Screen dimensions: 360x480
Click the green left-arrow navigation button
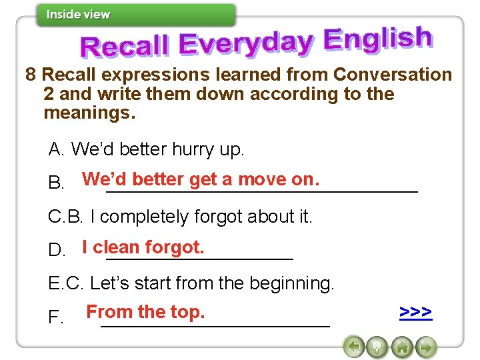click(355, 347)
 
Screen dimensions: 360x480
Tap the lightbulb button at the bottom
click(377, 347)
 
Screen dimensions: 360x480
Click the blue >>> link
click(415, 312)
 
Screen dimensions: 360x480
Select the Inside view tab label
click(78, 15)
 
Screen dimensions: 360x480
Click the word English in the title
click(377, 40)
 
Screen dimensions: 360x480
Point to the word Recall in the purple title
click(125, 47)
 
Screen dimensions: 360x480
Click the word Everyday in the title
click(246, 44)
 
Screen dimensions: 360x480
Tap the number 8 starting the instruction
click(31, 75)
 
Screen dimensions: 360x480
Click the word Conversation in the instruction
click(393, 75)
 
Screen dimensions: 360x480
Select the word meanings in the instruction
click(89, 113)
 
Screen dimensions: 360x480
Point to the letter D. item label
click(57, 251)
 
